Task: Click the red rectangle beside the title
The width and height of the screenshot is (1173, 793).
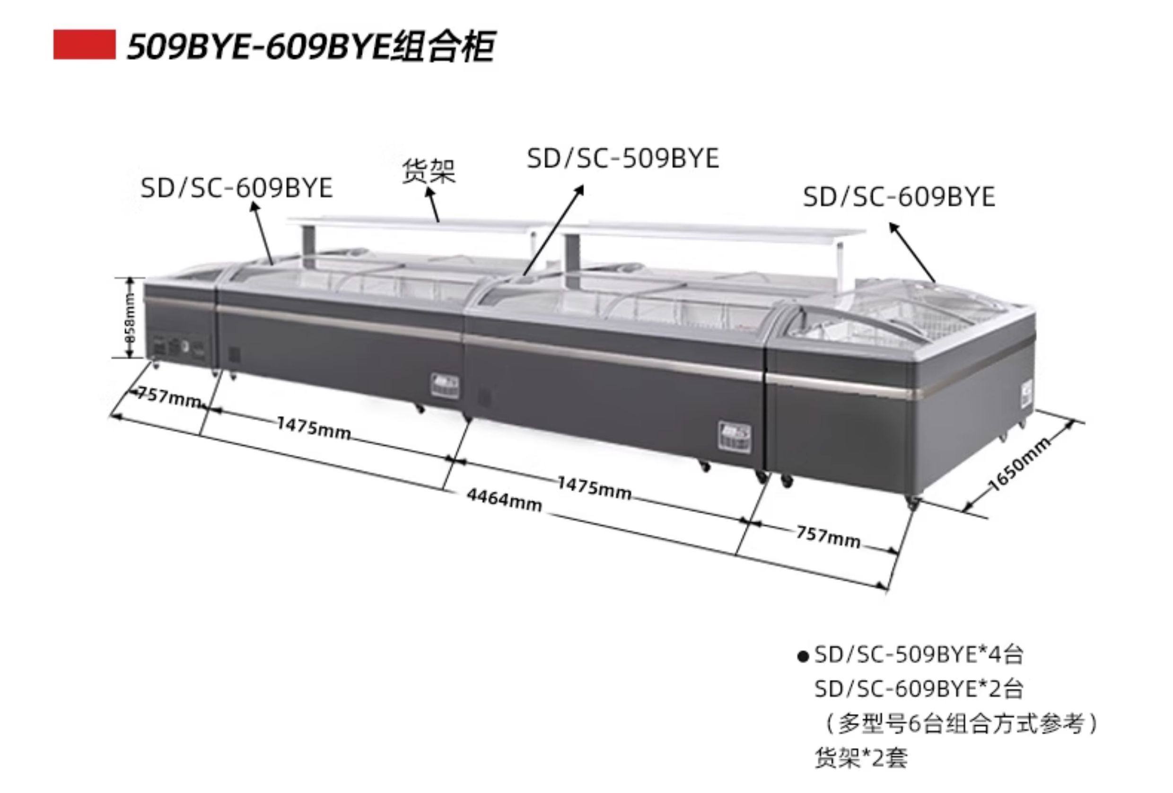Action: pyautogui.click(x=84, y=45)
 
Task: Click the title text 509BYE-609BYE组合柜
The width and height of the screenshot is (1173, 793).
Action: pyautogui.click(x=310, y=47)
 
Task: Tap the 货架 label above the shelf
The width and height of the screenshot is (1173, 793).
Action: pyautogui.click(x=429, y=171)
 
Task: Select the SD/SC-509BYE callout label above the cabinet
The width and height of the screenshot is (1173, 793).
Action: pyautogui.click(x=623, y=159)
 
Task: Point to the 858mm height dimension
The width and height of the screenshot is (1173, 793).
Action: pyautogui.click(x=130, y=317)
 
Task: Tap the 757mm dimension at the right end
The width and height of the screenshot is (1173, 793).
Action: pyautogui.click(x=828, y=537)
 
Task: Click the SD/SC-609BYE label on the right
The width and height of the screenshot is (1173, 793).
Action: pyautogui.click(x=899, y=197)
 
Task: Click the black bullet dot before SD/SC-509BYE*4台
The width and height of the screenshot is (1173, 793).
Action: pyautogui.click(x=803, y=657)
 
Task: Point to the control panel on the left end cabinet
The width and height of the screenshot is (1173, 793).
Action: pyautogui.click(x=179, y=347)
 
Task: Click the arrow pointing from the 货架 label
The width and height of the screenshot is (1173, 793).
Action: pyautogui.click(x=433, y=205)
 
